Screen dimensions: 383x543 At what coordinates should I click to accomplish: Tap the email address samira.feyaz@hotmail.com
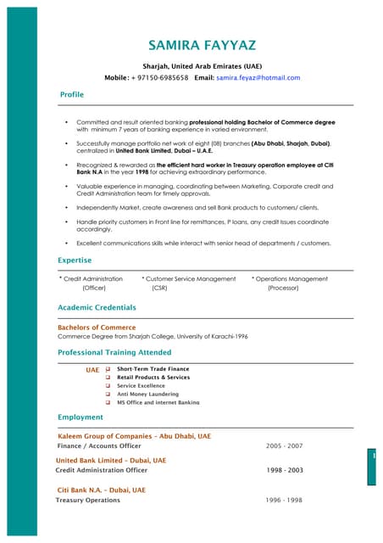[x=258, y=77]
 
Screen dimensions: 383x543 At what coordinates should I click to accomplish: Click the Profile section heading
[x=72, y=94]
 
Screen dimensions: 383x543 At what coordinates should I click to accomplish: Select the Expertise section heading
[x=75, y=260]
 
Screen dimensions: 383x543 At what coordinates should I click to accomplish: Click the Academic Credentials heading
[x=97, y=307]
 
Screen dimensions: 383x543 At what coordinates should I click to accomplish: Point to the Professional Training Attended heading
[x=114, y=352]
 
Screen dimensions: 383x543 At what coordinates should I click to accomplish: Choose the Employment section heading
[x=80, y=417]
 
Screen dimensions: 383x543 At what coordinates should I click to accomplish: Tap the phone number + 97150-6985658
[x=160, y=77]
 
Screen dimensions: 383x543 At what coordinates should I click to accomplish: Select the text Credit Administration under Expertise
[x=93, y=278]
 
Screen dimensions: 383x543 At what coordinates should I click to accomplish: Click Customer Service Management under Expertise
[x=191, y=278]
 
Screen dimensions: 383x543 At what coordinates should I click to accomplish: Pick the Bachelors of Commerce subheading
[x=96, y=327]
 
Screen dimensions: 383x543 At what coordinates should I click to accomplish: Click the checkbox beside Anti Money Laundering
[x=108, y=394]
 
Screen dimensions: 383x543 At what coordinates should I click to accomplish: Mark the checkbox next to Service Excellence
[x=108, y=385]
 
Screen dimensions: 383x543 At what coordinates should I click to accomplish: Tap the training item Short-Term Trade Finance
[x=153, y=369]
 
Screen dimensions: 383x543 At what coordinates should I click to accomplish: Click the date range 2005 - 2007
[x=284, y=445]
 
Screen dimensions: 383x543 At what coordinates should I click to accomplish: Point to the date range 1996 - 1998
[x=284, y=501]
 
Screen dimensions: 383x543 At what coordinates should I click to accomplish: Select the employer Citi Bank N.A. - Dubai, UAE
[x=101, y=490]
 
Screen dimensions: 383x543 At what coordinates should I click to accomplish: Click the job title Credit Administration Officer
[x=101, y=470]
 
